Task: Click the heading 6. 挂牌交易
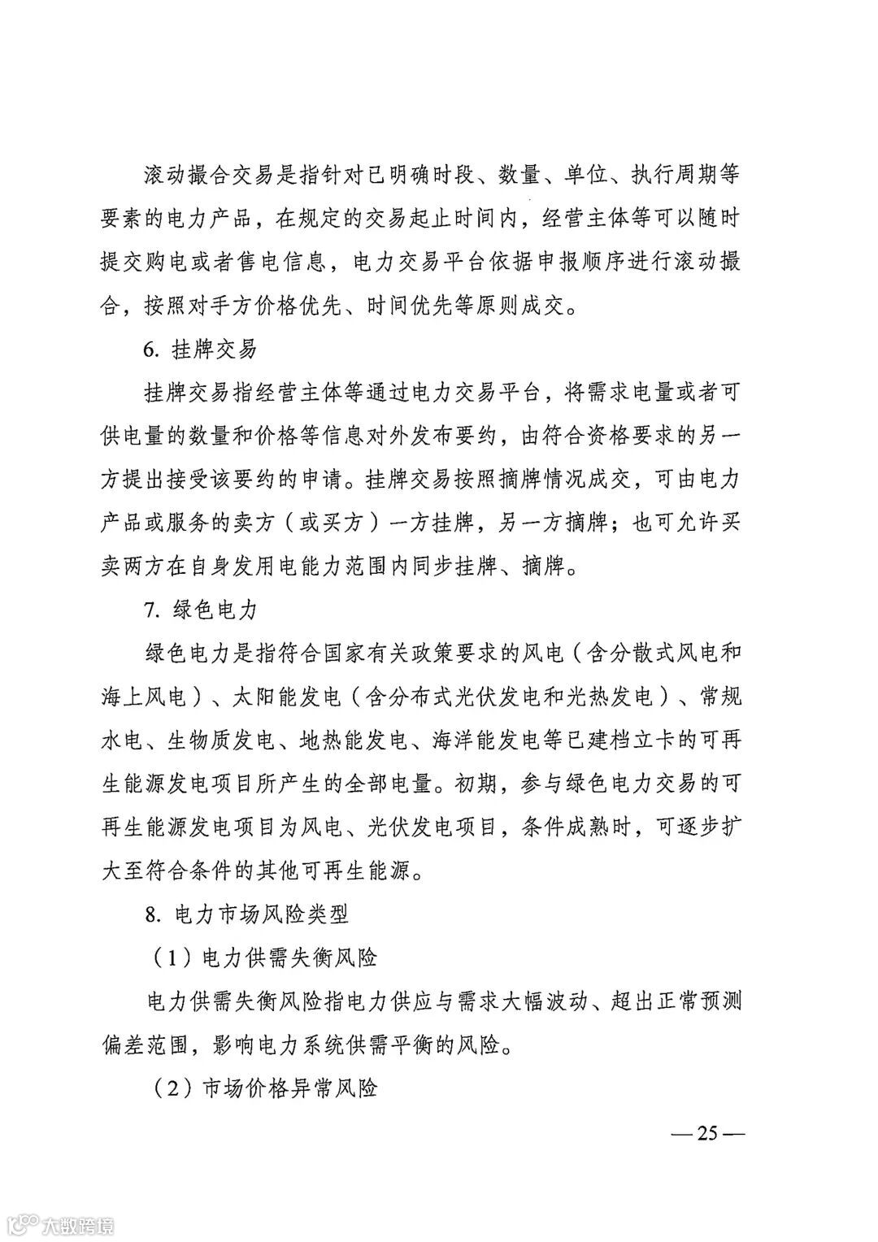(199, 350)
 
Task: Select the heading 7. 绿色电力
(199, 608)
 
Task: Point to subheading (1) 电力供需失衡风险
(265, 958)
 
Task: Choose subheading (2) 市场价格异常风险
(265, 1088)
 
